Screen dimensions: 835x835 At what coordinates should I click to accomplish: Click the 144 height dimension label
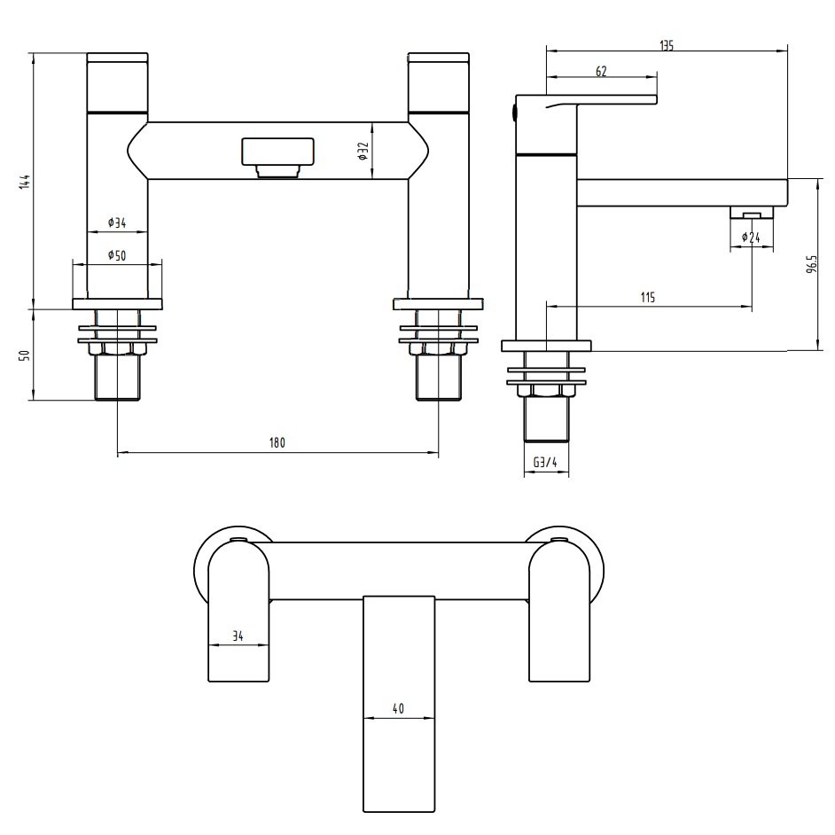[x=26, y=181]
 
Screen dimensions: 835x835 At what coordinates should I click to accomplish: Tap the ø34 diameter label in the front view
[x=115, y=222]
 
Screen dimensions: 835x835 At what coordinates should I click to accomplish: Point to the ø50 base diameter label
[x=115, y=255]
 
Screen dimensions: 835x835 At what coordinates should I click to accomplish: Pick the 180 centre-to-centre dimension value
[x=277, y=443]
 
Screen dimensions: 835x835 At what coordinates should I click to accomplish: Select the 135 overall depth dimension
[x=667, y=46]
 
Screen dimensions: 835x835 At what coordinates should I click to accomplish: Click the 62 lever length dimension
[x=601, y=72]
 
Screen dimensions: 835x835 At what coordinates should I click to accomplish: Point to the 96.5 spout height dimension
[x=811, y=265]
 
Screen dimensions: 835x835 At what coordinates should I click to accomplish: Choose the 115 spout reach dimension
[x=647, y=298]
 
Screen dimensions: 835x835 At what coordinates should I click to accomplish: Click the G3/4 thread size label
[x=545, y=463]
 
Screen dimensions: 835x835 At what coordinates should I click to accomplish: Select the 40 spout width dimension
[x=398, y=709]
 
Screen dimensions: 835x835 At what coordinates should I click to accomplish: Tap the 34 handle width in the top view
[x=237, y=636]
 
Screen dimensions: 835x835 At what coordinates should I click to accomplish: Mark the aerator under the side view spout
[x=750, y=213]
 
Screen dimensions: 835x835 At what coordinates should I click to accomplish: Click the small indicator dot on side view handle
[x=511, y=111]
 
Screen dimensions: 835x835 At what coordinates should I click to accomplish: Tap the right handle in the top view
[x=559, y=620]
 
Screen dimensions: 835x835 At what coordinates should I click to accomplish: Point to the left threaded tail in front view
[x=117, y=378]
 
